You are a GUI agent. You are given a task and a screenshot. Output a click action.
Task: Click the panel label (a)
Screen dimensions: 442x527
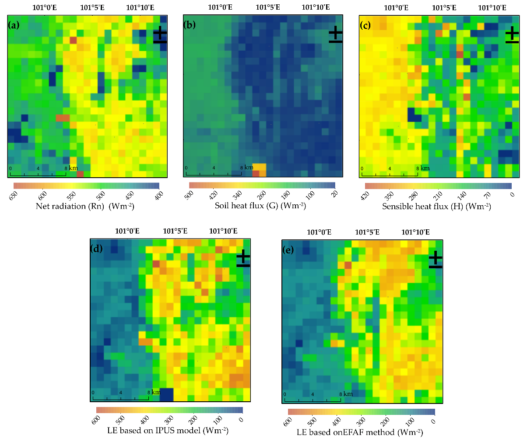pos(14,25)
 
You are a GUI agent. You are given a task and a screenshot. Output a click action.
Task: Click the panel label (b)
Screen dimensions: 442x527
pos(190,25)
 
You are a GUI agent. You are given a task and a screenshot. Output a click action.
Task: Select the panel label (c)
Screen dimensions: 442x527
pos(365,25)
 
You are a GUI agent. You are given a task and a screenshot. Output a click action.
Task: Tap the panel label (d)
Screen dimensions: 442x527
pos(96,249)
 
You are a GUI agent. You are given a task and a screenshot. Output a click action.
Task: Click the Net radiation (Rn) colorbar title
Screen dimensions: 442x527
pos(85,206)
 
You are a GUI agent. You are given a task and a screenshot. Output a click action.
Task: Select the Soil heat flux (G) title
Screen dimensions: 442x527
pos(260,206)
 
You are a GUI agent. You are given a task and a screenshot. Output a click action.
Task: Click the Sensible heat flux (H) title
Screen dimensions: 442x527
pos(436,207)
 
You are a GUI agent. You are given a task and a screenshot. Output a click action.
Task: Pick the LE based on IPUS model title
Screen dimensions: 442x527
pos(168,430)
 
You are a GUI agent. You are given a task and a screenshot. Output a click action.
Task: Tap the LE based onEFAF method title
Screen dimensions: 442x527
pos(360,432)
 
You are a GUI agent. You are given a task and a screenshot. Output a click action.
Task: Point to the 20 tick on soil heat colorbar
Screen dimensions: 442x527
pos(335,194)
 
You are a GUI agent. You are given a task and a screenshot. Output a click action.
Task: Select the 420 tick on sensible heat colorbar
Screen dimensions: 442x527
pos(365,196)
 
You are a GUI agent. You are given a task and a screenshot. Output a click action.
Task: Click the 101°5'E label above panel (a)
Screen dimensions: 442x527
pos(92,7)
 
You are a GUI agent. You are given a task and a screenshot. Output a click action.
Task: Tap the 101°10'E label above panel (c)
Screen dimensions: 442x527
pos(492,7)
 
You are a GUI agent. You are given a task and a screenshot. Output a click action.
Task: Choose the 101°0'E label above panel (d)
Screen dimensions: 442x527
pos(127,231)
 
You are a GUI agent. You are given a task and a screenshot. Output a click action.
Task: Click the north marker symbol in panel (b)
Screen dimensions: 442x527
pos(335,35)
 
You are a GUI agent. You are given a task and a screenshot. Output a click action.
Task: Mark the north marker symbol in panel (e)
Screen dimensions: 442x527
pos(436,260)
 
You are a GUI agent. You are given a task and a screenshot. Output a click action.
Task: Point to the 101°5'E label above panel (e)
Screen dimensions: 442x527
pos(367,232)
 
